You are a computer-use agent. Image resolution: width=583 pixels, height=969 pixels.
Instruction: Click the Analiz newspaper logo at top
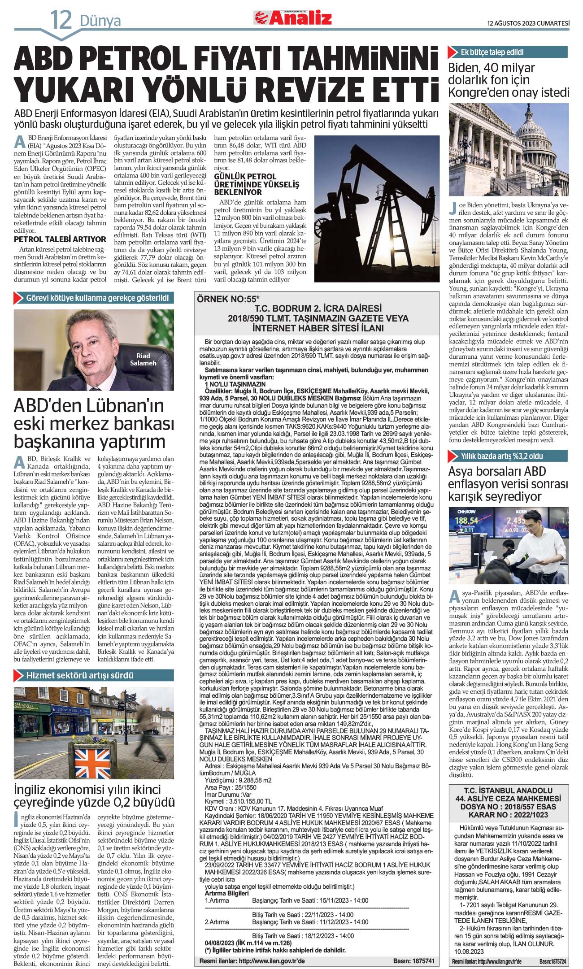(294, 17)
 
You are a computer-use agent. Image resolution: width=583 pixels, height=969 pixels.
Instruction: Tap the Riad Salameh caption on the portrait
(143, 360)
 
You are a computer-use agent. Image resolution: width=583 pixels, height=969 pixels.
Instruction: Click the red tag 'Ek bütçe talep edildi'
(492, 52)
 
